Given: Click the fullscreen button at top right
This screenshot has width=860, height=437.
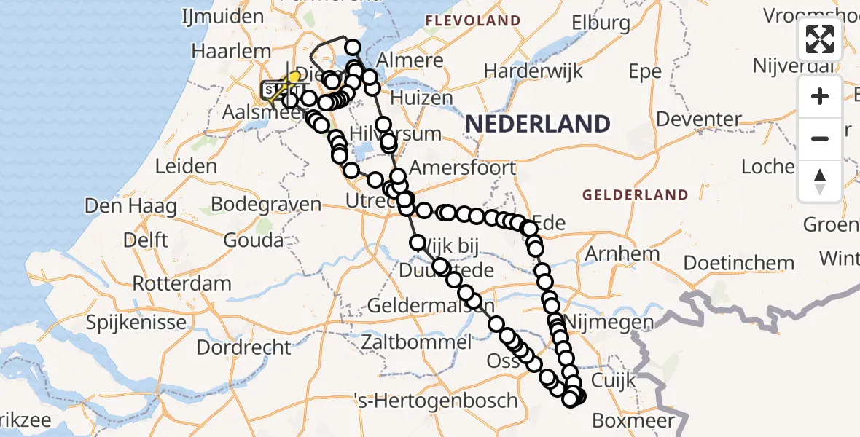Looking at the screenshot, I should [x=820, y=39].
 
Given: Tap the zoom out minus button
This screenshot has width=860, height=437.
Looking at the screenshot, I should [x=820, y=138].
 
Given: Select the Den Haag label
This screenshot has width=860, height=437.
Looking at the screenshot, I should [x=130, y=207].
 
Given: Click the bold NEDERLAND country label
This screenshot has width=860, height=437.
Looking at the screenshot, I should [x=537, y=124].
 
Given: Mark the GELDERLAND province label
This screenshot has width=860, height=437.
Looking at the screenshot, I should [x=635, y=195].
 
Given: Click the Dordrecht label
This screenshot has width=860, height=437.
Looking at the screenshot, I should [x=244, y=347].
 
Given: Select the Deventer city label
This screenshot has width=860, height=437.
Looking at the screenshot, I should [x=699, y=119].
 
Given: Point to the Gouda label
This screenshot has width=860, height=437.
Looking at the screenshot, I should [x=254, y=240].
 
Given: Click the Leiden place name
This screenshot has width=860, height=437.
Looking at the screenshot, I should [x=187, y=166].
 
